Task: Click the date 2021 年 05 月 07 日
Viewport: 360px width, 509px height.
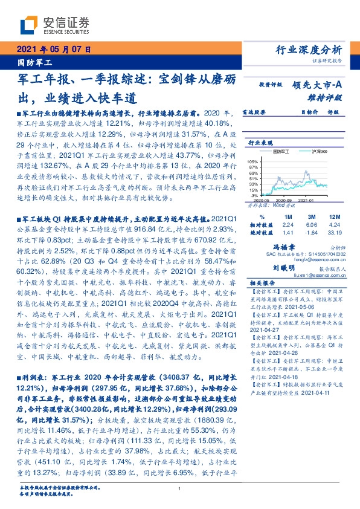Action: point(52,49)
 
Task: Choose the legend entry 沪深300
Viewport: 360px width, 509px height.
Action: point(315,151)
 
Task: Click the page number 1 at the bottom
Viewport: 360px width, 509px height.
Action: point(179,488)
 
